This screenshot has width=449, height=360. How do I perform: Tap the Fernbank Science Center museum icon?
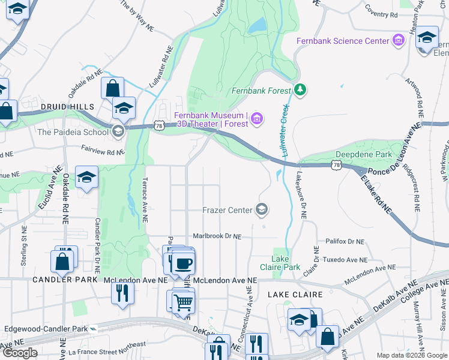(397, 41)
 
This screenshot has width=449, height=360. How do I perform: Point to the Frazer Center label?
(228, 209)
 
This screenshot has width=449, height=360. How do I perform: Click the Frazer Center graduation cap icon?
(261, 209)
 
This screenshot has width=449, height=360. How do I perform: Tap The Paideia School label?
(73, 132)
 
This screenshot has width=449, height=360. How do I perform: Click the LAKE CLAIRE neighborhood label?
(295, 295)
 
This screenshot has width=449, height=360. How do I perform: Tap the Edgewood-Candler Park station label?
(46, 329)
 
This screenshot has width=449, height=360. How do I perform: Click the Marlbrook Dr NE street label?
(217, 236)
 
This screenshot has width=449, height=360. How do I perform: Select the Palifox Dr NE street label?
(345, 241)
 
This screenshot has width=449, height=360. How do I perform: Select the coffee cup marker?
(183, 263)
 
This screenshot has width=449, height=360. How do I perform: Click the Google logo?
(20, 353)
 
